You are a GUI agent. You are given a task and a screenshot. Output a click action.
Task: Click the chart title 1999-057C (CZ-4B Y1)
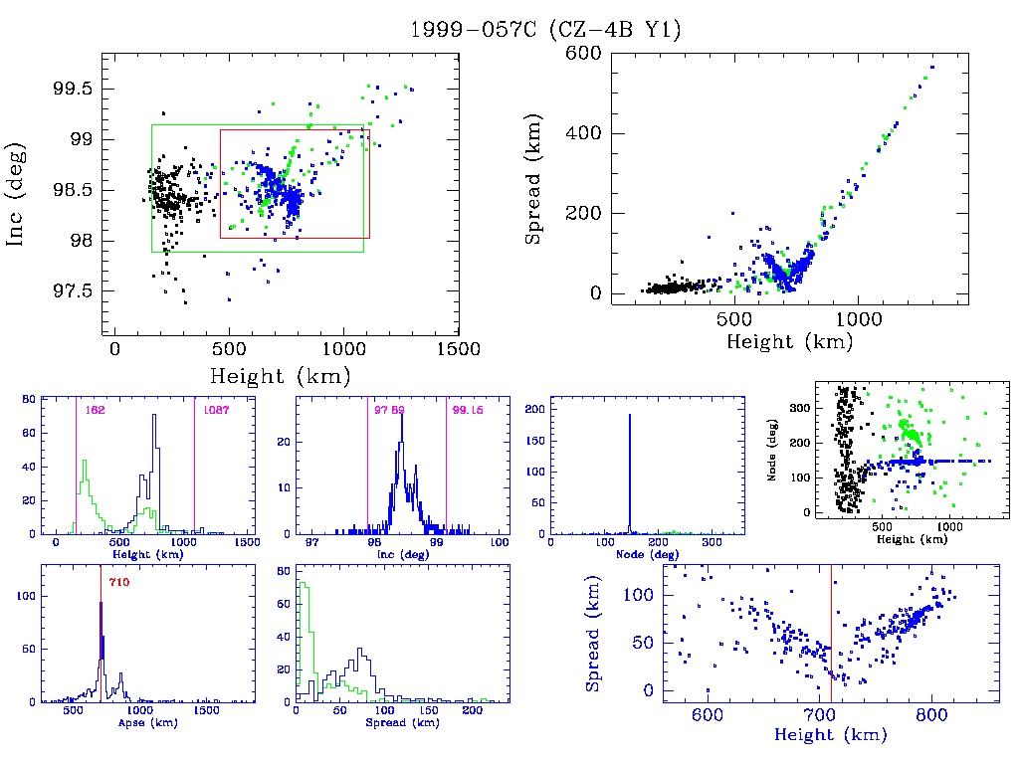pyautogui.click(x=545, y=30)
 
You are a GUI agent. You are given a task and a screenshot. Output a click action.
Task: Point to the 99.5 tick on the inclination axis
pyautogui.click(x=72, y=89)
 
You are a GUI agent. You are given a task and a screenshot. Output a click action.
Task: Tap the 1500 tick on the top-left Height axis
pyautogui.click(x=456, y=349)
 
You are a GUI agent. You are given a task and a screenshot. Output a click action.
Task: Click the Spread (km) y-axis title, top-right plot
pyautogui.click(x=535, y=195)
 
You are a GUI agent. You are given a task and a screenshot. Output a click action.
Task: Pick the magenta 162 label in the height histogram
pyautogui.click(x=96, y=410)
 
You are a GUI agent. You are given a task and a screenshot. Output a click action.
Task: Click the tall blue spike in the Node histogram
pyautogui.click(x=630, y=477)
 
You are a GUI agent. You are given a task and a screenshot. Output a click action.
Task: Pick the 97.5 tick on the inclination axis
pyautogui.click(x=72, y=290)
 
